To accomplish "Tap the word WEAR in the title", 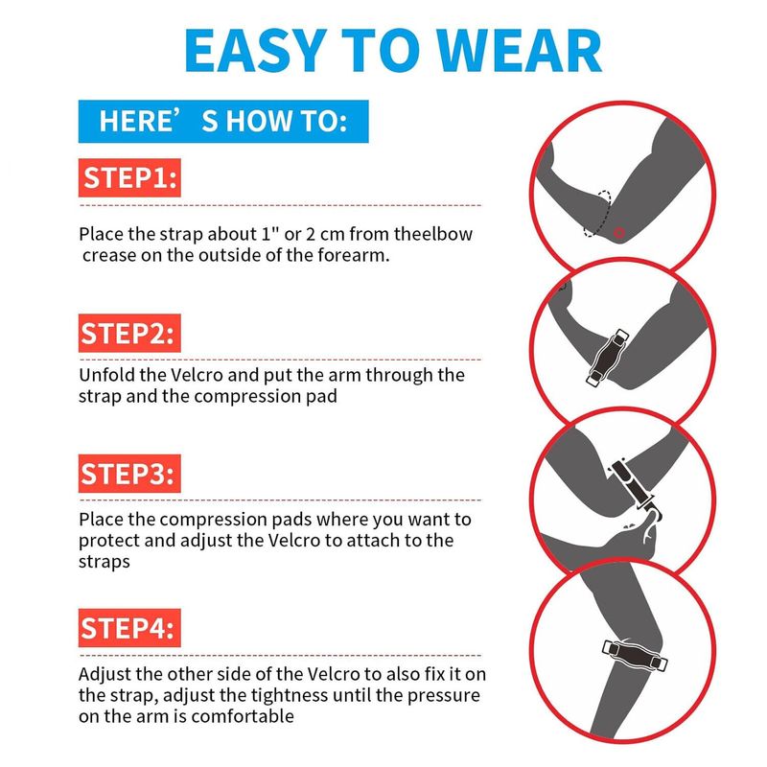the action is click(x=519, y=51).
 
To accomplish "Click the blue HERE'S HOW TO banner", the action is click(x=223, y=122).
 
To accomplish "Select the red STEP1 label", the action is click(x=129, y=177).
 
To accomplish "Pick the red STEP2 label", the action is click(x=129, y=333).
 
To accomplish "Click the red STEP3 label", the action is click(x=129, y=474).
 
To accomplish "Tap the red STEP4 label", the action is click(x=129, y=628).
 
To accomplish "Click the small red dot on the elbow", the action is click(x=619, y=233).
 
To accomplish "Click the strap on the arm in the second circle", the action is click(x=607, y=357).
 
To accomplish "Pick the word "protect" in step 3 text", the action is click(x=108, y=541).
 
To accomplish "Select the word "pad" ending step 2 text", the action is click(x=321, y=396).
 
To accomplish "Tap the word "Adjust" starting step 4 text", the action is click(x=105, y=674).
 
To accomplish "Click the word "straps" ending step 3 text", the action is click(x=105, y=562).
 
